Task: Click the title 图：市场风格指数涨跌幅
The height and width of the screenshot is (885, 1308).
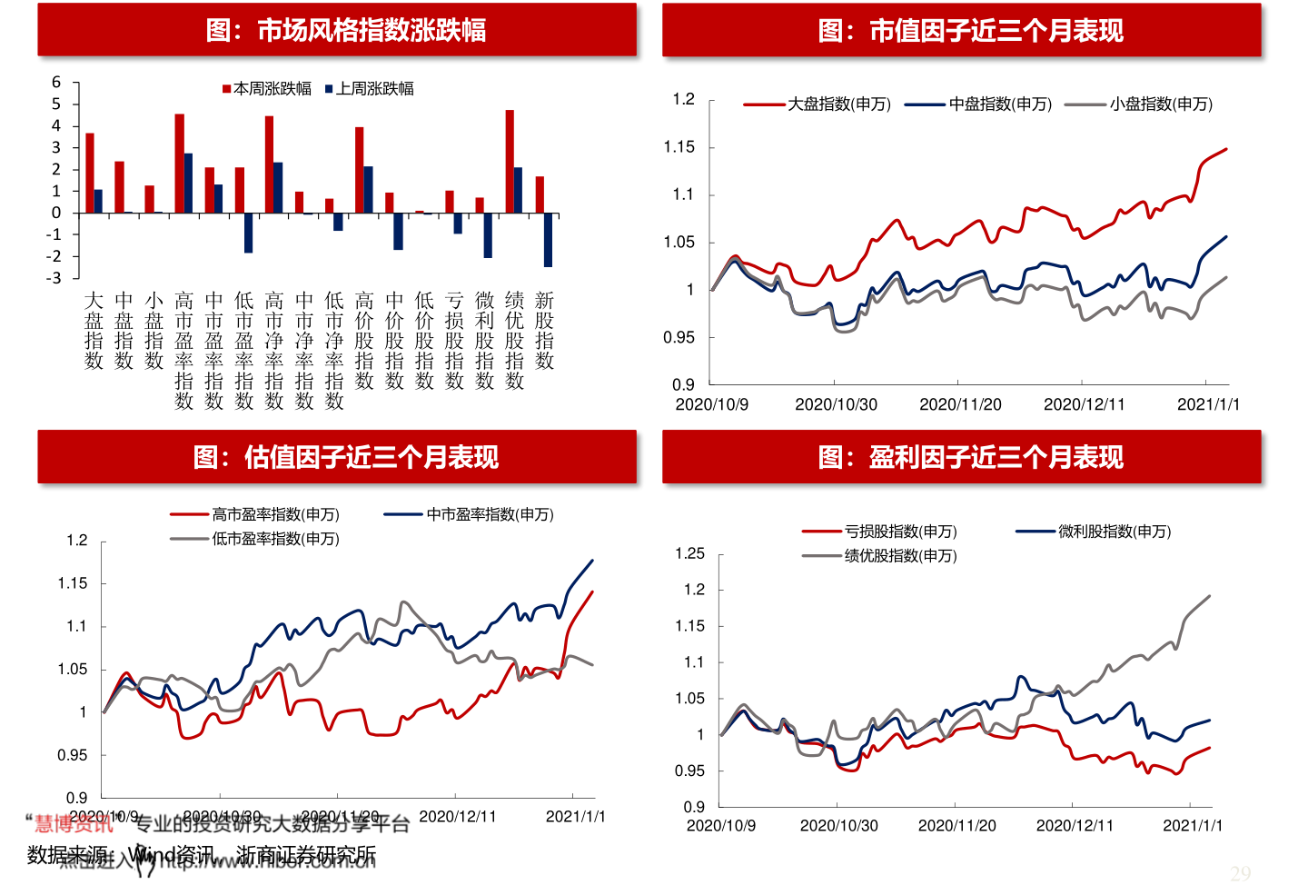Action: (346, 31)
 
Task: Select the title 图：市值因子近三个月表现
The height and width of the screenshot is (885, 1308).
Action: (970, 31)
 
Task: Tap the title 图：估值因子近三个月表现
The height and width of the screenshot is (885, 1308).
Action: (346, 457)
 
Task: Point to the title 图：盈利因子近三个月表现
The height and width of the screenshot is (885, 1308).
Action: (970, 457)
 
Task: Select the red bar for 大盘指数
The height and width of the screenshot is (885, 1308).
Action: (90, 173)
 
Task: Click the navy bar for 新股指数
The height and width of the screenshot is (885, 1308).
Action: (548, 240)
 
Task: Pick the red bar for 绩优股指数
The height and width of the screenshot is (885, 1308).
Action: (510, 162)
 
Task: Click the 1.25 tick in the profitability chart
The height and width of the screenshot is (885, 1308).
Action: (689, 553)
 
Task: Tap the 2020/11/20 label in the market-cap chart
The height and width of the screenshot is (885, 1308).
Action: (960, 404)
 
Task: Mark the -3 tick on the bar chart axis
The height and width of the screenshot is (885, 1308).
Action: (54, 278)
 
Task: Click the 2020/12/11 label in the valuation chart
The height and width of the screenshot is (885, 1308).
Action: (458, 817)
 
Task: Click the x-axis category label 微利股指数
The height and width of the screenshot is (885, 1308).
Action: (485, 340)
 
